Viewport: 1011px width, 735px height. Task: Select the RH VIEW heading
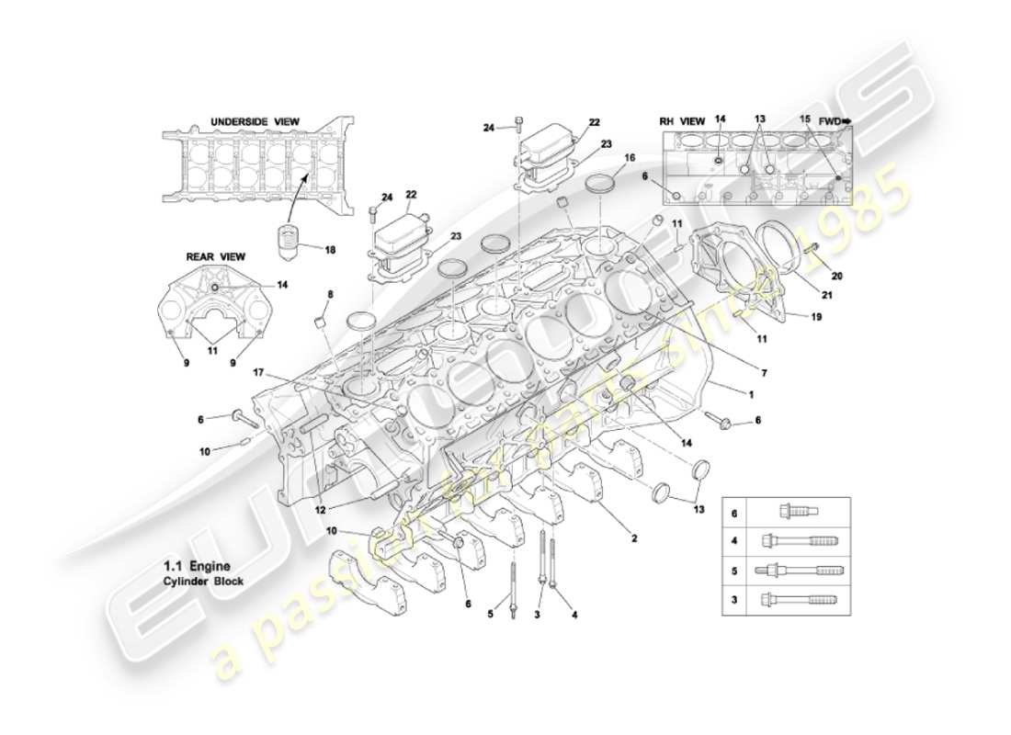pos(682,120)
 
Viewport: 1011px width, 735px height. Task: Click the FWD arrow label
pos(835,120)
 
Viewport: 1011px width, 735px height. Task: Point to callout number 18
pos(329,248)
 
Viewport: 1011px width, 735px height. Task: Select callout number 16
pos(629,158)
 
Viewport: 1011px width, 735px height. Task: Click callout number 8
pos(329,294)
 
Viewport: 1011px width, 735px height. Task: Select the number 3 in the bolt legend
pos(734,600)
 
